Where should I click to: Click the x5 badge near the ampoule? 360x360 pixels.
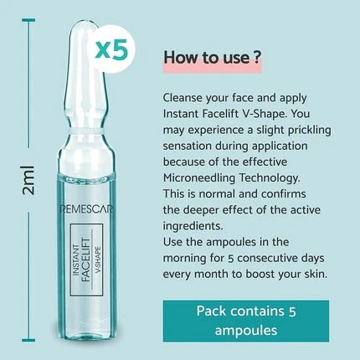tap(111, 49)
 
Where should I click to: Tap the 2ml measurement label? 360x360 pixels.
tap(28, 180)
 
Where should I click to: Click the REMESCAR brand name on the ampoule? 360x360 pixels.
tap(86, 209)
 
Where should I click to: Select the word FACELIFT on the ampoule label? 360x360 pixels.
tap(86, 260)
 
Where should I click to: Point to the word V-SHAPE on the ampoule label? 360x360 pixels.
tap(98, 260)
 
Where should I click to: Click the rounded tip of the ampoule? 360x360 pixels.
tap(83, 28)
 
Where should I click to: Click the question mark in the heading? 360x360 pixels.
tap(257, 57)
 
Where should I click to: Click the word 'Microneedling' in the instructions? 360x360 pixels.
tap(199, 177)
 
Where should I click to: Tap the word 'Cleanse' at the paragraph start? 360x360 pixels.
tap(183, 98)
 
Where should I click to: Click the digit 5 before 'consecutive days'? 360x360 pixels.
tap(230, 259)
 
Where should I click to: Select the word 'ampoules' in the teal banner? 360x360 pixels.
tap(246, 331)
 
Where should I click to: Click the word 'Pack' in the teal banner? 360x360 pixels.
tap(211, 311)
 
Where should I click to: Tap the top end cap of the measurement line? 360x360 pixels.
tap(28, 20)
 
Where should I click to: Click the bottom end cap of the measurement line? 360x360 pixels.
tap(28, 340)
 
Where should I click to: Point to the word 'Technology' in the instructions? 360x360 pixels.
tap(270, 177)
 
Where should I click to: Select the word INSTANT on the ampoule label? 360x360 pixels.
tap(75, 260)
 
